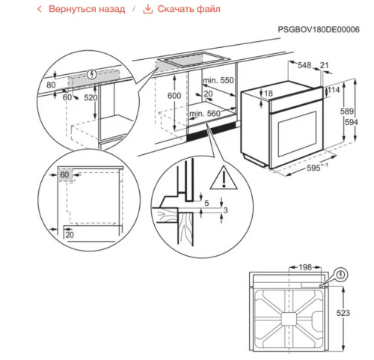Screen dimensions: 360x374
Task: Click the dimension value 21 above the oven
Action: (x=324, y=66)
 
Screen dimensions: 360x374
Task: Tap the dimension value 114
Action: (x=334, y=89)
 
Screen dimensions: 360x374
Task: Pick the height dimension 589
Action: (x=348, y=111)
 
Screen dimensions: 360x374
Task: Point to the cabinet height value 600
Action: (x=173, y=97)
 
